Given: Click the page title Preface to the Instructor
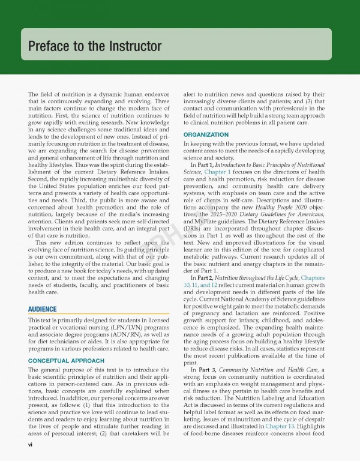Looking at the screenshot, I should point(95,46).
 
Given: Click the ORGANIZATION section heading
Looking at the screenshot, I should point(206,134).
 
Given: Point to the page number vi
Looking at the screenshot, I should point(31,445).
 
